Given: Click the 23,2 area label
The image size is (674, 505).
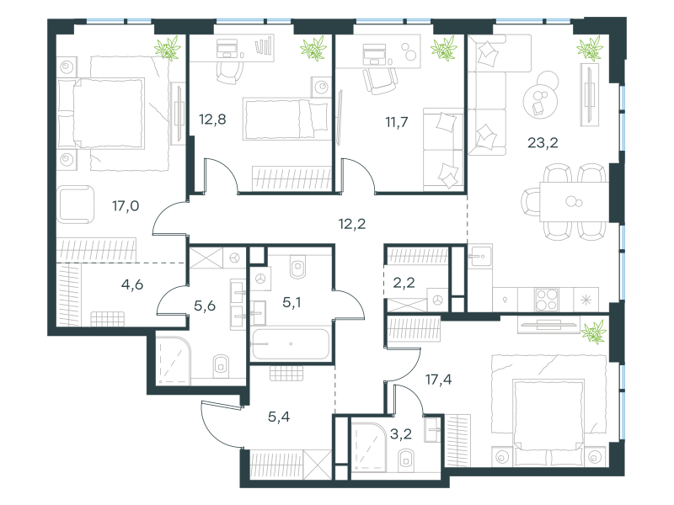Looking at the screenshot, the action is pyautogui.click(x=543, y=142).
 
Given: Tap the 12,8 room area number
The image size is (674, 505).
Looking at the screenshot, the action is pyautogui.click(x=212, y=119).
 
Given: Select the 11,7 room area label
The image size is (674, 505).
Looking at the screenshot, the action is pyautogui.click(x=396, y=122).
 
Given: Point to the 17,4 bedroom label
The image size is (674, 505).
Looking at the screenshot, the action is pyautogui.click(x=438, y=380).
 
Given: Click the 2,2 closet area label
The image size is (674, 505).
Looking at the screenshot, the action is pyautogui.click(x=404, y=283).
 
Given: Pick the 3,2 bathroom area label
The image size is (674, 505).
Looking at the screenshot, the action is pyautogui.click(x=401, y=433).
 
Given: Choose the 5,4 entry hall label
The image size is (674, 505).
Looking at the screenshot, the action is pyautogui.click(x=279, y=416).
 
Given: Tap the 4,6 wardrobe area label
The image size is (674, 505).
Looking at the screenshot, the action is pyautogui.click(x=132, y=284).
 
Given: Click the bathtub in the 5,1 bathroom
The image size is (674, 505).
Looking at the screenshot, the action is pyautogui.click(x=291, y=343).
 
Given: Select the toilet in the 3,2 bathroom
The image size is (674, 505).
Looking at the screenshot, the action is pyautogui.click(x=406, y=460).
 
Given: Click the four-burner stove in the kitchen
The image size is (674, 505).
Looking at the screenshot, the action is pyautogui.click(x=547, y=300).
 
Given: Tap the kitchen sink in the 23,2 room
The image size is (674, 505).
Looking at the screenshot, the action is pyautogui.click(x=479, y=256).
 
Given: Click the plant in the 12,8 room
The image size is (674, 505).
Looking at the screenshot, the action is pyautogui.click(x=313, y=48).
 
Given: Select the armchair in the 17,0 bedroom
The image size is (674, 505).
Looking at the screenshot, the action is pyautogui.click(x=75, y=205).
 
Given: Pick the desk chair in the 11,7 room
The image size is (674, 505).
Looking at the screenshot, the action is pyautogui.click(x=380, y=80).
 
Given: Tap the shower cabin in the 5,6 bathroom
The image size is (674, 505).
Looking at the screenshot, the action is pyautogui.click(x=173, y=360).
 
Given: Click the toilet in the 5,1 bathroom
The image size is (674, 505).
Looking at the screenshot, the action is pyautogui.click(x=297, y=267).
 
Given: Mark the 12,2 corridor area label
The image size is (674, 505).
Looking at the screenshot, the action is pyautogui.click(x=352, y=224).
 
